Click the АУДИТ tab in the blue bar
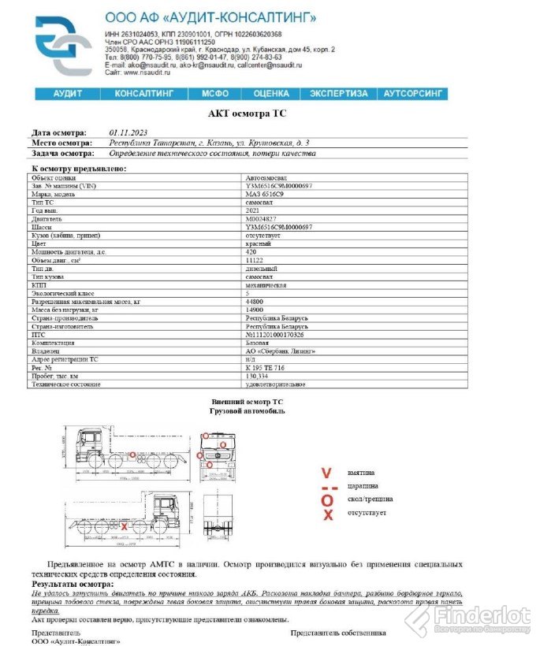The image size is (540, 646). pyautogui.click(x=68, y=94)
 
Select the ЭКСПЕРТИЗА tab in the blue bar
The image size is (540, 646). pyautogui.click(x=338, y=94)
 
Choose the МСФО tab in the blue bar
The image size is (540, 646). pyautogui.click(x=214, y=94)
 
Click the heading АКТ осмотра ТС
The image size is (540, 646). pyautogui.click(x=247, y=113)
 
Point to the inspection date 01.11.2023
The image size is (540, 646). pyautogui.click(x=128, y=132)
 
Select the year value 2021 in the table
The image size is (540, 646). pyautogui.click(x=254, y=210)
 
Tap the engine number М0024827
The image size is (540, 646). pyautogui.click(x=263, y=219)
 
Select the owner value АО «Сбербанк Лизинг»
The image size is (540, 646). pyautogui.click(x=280, y=351)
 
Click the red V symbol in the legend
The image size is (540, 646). pyautogui.click(x=326, y=473)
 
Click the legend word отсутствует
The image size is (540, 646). pyautogui.click(x=367, y=513)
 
